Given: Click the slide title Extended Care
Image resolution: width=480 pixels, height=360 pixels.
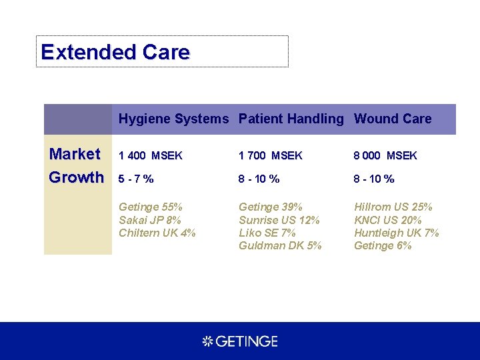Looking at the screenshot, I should [x=115, y=52].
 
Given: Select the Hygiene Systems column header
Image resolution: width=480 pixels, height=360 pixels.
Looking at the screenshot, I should [x=173, y=119].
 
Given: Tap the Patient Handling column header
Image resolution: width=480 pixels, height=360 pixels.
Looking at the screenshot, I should [x=291, y=119].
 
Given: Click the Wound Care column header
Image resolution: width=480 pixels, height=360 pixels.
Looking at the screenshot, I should [x=393, y=119].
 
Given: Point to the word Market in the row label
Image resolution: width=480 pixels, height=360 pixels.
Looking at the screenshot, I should [x=75, y=154].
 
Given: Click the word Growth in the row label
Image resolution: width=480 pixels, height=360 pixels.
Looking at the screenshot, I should [x=77, y=177].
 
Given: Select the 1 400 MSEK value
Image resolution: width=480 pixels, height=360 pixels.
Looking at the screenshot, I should [x=151, y=156].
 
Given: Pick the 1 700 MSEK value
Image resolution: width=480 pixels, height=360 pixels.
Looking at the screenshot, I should [x=271, y=156].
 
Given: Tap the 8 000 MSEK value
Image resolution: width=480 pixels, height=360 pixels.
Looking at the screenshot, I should [x=385, y=156].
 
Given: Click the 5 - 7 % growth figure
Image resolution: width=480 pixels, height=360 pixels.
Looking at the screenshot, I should [x=137, y=179].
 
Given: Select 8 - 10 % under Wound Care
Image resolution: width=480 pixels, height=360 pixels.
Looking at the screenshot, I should [x=374, y=179].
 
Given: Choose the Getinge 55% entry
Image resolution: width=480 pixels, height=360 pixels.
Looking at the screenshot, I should [x=151, y=207].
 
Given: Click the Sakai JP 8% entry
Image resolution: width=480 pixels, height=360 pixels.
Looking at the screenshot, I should [x=150, y=220].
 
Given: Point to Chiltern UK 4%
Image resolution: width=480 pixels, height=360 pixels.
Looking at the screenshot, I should [x=157, y=233].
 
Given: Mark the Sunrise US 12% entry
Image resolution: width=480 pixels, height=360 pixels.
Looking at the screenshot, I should [x=279, y=220].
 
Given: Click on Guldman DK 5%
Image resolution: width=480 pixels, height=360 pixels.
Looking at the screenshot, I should [x=280, y=245].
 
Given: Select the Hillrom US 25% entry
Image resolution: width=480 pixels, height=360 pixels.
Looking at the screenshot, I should [x=393, y=207].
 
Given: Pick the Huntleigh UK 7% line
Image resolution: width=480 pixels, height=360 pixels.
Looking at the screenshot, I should [x=397, y=233].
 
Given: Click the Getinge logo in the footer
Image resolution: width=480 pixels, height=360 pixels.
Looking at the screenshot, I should [x=240, y=341].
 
